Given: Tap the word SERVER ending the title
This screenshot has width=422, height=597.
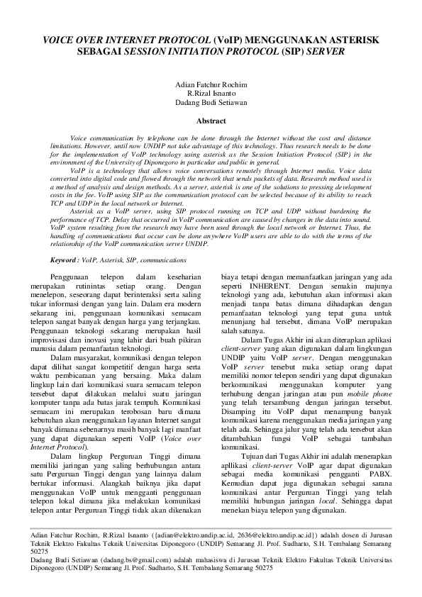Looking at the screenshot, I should coord(325,52).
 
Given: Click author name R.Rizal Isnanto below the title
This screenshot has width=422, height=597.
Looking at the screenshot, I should coord(211,94).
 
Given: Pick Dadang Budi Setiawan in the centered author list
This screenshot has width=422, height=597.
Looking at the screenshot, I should coord(211,102).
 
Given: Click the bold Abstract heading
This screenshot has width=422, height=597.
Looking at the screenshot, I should coord(211,121).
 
